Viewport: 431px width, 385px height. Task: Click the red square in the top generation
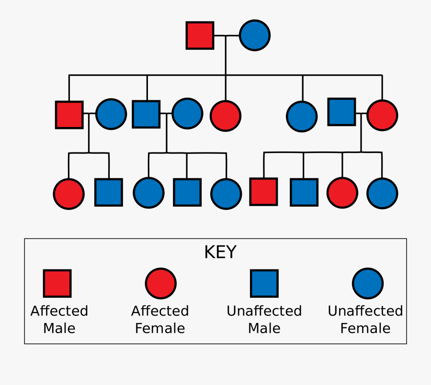tap(200, 35)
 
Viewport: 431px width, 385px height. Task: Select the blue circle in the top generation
tap(254, 35)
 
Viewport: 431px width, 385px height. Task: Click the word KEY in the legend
tap(220, 252)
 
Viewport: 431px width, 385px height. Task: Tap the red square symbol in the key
tap(57, 283)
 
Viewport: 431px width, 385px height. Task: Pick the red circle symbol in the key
tap(160, 283)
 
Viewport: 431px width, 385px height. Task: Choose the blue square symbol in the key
tap(264, 283)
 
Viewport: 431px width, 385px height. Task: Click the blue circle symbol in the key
tap(367, 283)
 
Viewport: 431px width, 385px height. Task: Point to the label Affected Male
tap(59, 319)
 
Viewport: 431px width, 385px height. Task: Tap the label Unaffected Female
tap(365, 319)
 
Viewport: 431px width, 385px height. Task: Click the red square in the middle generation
tap(69, 115)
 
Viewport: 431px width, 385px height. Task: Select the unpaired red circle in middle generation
tap(225, 116)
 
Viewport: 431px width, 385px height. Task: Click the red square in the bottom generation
tap(263, 192)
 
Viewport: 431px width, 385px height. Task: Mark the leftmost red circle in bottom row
tap(68, 194)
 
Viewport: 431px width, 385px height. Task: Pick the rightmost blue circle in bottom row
tap(382, 193)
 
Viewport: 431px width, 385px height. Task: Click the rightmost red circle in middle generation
tap(382, 115)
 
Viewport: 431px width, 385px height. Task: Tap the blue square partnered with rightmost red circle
tap(341, 112)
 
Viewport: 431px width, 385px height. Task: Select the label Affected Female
tap(160, 319)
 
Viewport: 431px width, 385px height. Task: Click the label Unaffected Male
tap(264, 319)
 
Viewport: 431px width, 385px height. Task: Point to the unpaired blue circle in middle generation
tap(302, 116)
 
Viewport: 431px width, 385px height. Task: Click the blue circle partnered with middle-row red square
tap(111, 114)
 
